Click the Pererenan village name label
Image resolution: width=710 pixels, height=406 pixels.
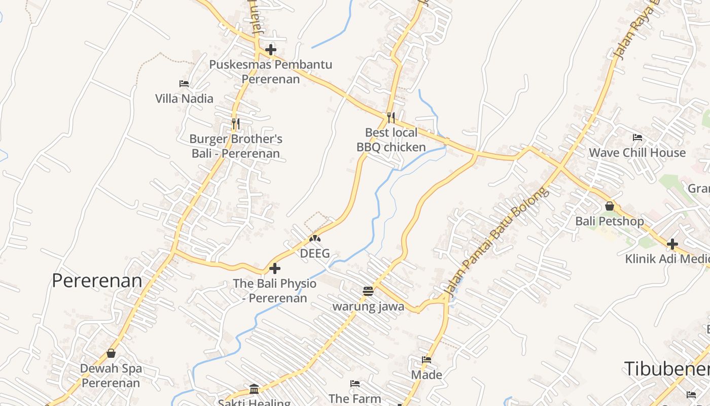point(97,281)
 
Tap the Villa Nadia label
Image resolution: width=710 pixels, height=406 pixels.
point(184,98)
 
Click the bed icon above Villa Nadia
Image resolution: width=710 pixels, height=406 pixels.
point(184,83)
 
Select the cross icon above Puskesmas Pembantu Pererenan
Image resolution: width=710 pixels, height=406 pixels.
point(271,50)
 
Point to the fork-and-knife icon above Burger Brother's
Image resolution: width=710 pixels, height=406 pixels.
point(235,123)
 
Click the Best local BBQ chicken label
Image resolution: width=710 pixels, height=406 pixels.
point(391,140)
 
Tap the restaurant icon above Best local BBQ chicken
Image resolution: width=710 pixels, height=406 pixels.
point(390,118)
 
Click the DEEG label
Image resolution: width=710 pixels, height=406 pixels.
point(315,253)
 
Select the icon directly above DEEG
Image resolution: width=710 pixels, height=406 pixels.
point(315,238)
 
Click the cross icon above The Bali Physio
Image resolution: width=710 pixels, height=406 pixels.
point(275,268)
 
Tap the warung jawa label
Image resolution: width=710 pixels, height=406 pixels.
point(368,307)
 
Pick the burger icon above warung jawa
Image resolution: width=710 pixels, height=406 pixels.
point(368,291)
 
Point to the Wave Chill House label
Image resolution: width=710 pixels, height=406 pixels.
point(637,153)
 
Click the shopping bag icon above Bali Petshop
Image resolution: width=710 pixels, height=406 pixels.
point(610,206)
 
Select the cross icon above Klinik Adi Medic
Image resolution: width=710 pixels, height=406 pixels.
point(672,244)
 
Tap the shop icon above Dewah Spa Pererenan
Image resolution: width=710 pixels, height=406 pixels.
point(111,353)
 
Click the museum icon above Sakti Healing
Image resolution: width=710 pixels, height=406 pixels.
point(254,389)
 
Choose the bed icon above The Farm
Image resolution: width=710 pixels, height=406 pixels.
point(355,384)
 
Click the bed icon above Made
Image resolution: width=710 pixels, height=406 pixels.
point(427,360)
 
